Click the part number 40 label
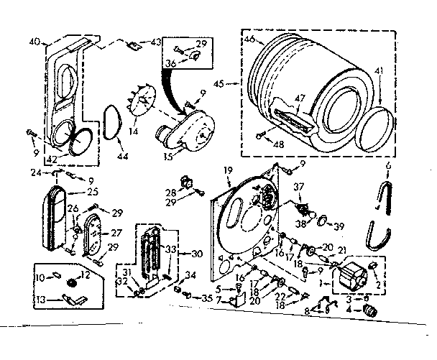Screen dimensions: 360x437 tap(34, 41)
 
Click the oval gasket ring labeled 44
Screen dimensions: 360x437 tap(110, 122)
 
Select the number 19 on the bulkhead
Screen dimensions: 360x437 tap(228, 170)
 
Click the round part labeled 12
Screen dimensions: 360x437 tap(72, 283)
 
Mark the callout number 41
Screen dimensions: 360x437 tap(379, 70)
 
